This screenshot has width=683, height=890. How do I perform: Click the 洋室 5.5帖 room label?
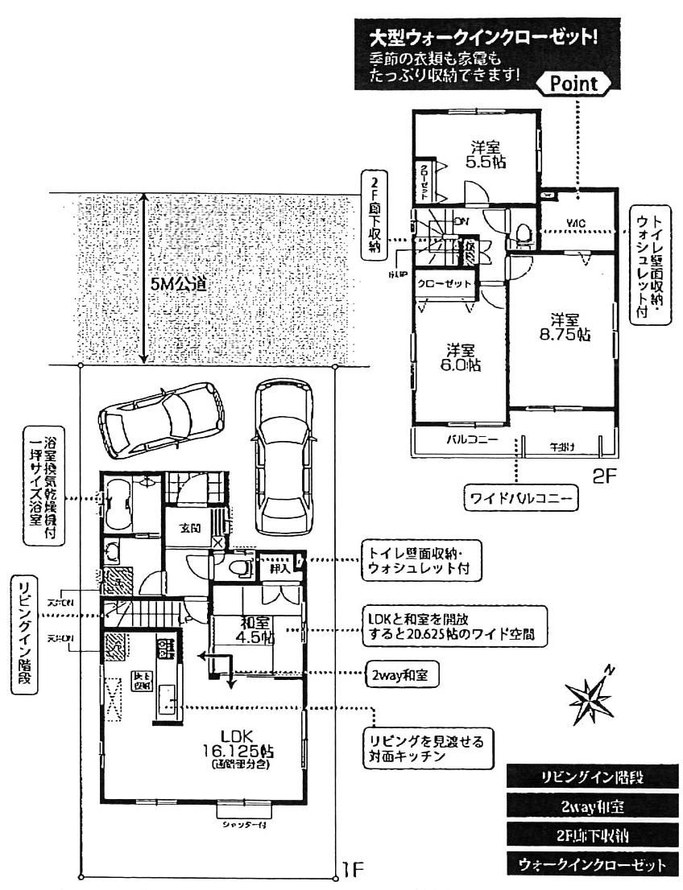tap(486, 154)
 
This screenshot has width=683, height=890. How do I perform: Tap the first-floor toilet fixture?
tap(239, 568)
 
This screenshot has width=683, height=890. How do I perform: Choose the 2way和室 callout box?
tap(400, 677)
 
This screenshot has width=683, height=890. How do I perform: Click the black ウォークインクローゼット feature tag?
tap(592, 865)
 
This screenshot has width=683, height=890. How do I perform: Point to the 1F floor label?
tap(353, 869)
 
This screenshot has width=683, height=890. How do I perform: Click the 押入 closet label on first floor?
tap(279, 568)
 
